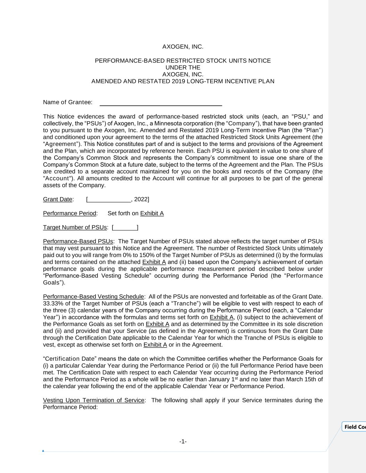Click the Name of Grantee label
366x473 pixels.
click(68, 102)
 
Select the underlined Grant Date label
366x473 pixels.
click(58, 199)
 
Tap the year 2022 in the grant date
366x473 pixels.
click(141, 199)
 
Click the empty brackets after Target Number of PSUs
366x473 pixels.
click(125, 228)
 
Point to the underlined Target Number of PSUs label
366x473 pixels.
click(75, 227)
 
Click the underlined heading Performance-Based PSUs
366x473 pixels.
click(78, 241)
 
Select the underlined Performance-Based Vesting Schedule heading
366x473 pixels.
click(93, 297)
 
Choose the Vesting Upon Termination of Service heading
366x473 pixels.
click(93, 400)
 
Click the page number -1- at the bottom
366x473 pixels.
click(183, 441)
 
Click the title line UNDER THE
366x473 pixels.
click(183, 68)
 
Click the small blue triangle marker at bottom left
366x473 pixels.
click(43, 451)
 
